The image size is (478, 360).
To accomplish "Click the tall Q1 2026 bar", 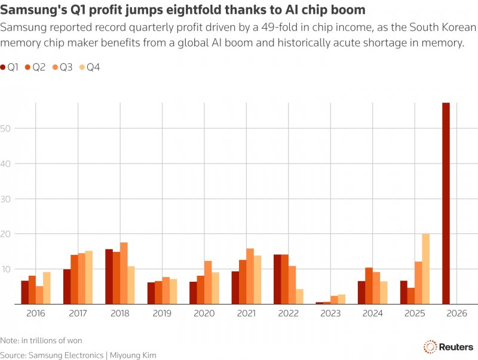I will click(x=446, y=203).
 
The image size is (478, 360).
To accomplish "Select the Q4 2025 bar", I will click(x=425, y=269).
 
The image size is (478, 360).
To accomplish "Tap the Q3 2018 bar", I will click(x=124, y=273).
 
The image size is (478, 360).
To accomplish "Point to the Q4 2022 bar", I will click(x=299, y=296).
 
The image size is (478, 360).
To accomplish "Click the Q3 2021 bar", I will click(x=250, y=276).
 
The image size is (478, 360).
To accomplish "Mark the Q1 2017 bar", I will click(x=67, y=287).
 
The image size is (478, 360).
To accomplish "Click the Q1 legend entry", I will click(x=10, y=67).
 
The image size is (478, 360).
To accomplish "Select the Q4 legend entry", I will click(x=90, y=67).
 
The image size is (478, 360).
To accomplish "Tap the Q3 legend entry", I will click(x=63, y=67).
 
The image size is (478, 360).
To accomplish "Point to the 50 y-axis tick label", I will click(x=6, y=128).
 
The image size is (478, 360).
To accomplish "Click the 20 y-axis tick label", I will click(x=6, y=234).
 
